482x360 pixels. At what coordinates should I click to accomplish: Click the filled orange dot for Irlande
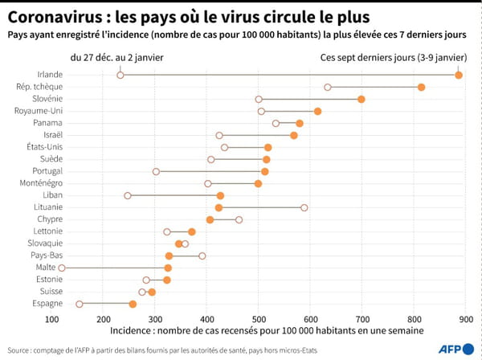pos(459,75)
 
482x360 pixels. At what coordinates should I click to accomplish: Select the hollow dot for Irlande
pos(120,75)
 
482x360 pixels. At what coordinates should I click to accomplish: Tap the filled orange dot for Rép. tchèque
pos(422,87)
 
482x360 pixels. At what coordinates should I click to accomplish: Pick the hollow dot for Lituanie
pos(304,207)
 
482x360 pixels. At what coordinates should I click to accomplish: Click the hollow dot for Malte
pos(62,268)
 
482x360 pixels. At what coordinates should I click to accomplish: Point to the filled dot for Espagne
pos(133,304)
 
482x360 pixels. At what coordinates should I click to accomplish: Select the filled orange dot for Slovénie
pos(361,99)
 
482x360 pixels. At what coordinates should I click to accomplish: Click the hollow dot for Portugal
pos(156,171)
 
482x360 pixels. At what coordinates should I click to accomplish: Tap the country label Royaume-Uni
pos(39,111)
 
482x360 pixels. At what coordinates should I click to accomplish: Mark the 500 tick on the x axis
pos(259,319)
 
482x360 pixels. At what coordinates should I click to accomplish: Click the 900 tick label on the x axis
pos(465,319)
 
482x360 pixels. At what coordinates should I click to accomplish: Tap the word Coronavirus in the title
pos(50,16)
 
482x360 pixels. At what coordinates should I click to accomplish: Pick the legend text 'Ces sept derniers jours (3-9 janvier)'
pos(393,57)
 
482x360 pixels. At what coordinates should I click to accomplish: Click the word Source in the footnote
pos(18,350)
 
